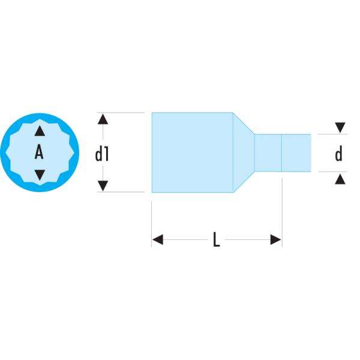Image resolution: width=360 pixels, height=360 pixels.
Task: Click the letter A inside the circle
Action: click(x=39, y=153)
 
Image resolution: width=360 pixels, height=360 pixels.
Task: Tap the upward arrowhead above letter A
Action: click(x=39, y=130)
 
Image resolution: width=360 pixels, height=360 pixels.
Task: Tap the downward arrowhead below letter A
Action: click(x=39, y=175)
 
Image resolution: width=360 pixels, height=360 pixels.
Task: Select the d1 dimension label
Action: click(x=102, y=155)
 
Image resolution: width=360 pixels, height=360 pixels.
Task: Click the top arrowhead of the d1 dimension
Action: click(x=103, y=118)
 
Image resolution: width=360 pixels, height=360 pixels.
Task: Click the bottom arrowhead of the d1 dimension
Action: click(x=103, y=186)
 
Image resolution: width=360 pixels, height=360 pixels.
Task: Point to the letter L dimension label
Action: click(x=217, y=241)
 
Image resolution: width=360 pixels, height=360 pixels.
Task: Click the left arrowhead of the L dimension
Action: click(x=158, y=240)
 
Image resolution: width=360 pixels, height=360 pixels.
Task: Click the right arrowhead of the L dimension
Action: click(x=275, y=240)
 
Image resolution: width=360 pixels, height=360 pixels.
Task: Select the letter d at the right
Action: click(x=339, y=155)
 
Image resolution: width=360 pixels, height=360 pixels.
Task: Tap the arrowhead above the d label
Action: click(x=340, y=127)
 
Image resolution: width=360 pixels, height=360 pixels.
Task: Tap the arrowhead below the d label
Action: click(x=340, y=178)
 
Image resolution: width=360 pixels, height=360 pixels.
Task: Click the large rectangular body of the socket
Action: click(x=192, y=152)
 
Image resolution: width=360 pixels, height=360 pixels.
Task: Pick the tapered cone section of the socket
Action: click(x=243, y=152)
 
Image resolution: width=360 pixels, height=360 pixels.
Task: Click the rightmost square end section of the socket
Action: click(x=296, y=152)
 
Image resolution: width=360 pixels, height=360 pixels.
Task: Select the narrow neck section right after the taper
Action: click(x=268, y=152)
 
